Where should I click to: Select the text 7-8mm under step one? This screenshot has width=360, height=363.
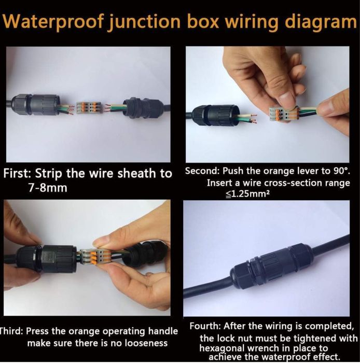point(48,188)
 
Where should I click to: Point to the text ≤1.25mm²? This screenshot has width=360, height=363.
point(247,194)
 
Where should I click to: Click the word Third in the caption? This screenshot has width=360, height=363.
point(11,331)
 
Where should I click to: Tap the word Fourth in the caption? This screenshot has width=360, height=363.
point(205,326)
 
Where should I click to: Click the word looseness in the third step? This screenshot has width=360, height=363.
point(146,343)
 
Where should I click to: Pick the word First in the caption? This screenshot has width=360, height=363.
point(18,174)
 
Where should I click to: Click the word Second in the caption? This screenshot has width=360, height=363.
point(202,171)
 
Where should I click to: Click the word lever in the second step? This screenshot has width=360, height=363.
point(308,171)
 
